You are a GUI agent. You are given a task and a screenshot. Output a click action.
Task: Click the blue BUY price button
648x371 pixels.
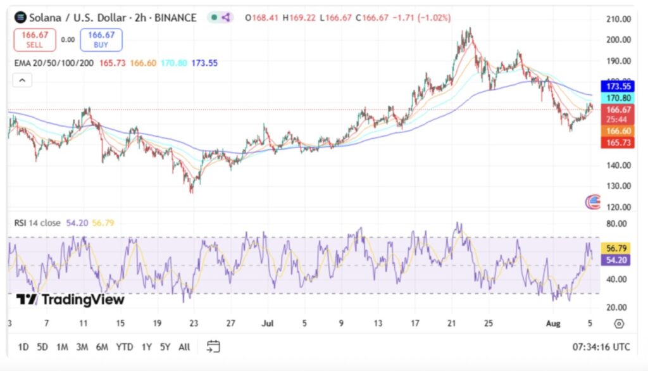[x=101, y=39]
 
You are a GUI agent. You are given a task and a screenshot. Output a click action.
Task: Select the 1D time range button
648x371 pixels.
[x=23, y=347]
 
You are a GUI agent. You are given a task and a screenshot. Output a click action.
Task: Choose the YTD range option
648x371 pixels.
[x=125, y=347]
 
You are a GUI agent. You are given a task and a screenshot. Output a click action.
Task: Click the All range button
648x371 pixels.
[x=184, y=347]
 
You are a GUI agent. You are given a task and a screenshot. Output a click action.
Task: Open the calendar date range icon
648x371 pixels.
[x=213, y=346]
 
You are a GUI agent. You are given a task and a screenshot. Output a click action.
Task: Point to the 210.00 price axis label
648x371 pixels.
[x=618, y=19]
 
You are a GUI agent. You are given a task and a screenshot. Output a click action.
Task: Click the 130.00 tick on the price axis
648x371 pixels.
[x=618, y=186]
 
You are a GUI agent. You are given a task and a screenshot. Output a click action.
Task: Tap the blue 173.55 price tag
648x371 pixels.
[x=618, y=86]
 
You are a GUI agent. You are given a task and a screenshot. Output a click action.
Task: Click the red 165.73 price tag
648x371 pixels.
[x=618, y=143]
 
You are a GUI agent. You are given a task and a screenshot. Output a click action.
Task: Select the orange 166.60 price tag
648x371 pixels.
[x=618, y=130]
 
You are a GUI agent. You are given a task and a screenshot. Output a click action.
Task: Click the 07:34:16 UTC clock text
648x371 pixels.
[x=601, y=347]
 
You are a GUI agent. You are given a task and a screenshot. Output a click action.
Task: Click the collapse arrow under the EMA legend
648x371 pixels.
[x=22, y=80]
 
